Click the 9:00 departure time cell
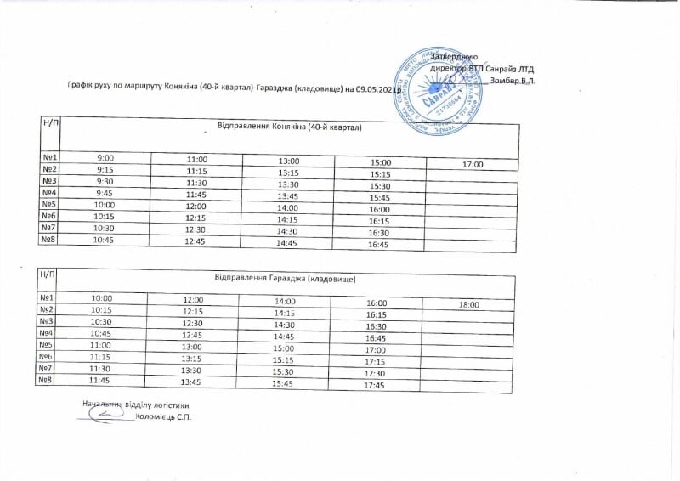[x=106, y=158]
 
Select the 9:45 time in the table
[x=106, y=194]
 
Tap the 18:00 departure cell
[x=469, y=304]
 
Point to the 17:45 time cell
[x=374, y=387]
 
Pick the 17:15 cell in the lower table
[x=374, y=362]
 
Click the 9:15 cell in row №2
[x=106, y=170]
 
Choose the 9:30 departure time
[x=106, y=182]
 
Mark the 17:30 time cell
[x=374, y=374]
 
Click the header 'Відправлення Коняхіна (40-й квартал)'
[x=290, y=129]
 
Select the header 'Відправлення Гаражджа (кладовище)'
[x=285, y=278]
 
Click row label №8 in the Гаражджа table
[x=47, y=381]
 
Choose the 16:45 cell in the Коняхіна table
[x=379, y=245]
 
